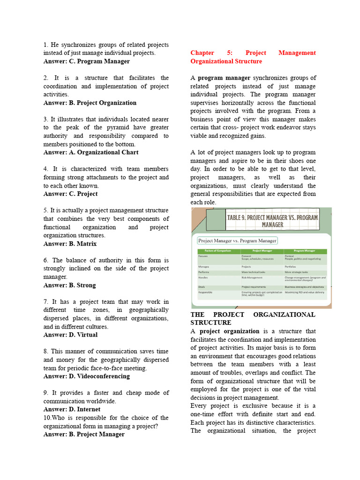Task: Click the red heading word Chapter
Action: point(202,53)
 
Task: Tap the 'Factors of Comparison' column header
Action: point(214,251)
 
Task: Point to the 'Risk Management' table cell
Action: point(252,277)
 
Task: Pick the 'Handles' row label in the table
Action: point(203,277)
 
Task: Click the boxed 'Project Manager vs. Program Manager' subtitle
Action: point(237,240)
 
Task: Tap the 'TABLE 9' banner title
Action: point(272,221)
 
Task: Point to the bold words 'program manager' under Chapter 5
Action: point(224,78)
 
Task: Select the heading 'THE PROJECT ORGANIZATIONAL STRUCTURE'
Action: point(253,319)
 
